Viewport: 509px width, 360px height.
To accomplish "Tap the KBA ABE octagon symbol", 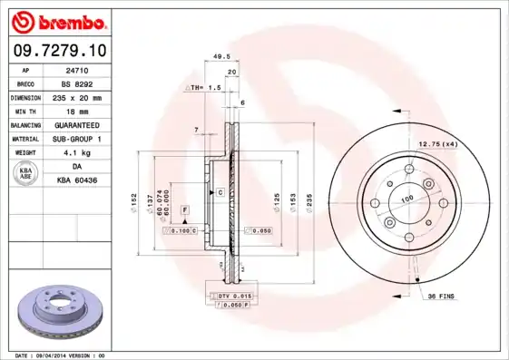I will [26, 174].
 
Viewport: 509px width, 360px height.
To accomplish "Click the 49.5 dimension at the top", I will [218, 56].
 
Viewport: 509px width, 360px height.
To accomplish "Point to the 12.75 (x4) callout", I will [436, 144].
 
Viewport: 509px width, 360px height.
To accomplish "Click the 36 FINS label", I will [440, 297].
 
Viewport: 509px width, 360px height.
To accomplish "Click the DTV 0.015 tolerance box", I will [232, 297].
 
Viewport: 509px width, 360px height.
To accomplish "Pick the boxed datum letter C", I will [220, 193].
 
